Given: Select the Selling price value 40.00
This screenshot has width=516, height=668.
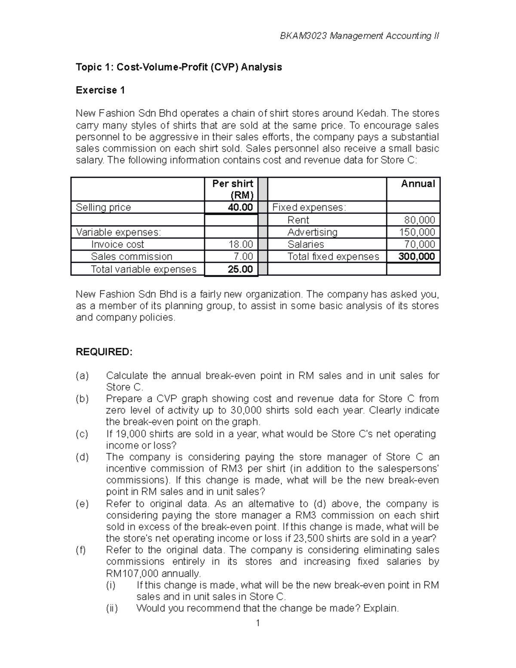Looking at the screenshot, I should pos(240,207).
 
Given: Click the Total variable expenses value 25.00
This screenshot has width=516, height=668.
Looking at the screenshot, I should pos(240,270).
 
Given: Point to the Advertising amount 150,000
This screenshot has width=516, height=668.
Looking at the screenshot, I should pos(417,232).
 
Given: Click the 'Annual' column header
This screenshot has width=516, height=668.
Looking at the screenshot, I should pos(418,184).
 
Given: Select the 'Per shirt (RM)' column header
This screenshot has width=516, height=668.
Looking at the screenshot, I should pos(233,189).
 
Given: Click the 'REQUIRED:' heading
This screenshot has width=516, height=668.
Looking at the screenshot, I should pos(104,352).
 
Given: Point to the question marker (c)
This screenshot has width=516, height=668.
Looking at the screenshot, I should pos(82,434).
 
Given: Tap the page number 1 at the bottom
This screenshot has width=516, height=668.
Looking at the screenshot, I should pos(258,623).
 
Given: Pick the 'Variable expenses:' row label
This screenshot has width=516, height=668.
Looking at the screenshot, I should pos(118,232).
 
